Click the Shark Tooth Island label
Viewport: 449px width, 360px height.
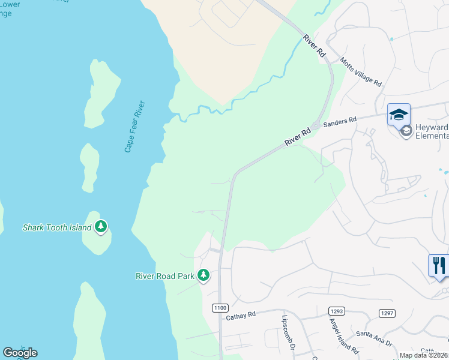pos(57,227)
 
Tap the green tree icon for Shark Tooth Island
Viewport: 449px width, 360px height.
pos(101,226)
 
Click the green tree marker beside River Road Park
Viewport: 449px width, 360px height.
pos(204,275)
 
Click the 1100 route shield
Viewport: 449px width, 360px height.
pos(220,308)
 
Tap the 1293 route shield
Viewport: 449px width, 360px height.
pos(336,310)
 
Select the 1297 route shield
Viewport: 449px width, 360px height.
pos(387,313)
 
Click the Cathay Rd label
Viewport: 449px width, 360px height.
pos(241,314)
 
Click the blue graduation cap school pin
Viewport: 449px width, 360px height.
pos(399,114)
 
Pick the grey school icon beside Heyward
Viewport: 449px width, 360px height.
pos(406,131)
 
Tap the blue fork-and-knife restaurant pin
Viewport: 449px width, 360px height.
pos(439,265)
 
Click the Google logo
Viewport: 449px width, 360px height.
pos(20,353)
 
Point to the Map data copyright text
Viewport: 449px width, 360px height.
pos(424,355)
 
